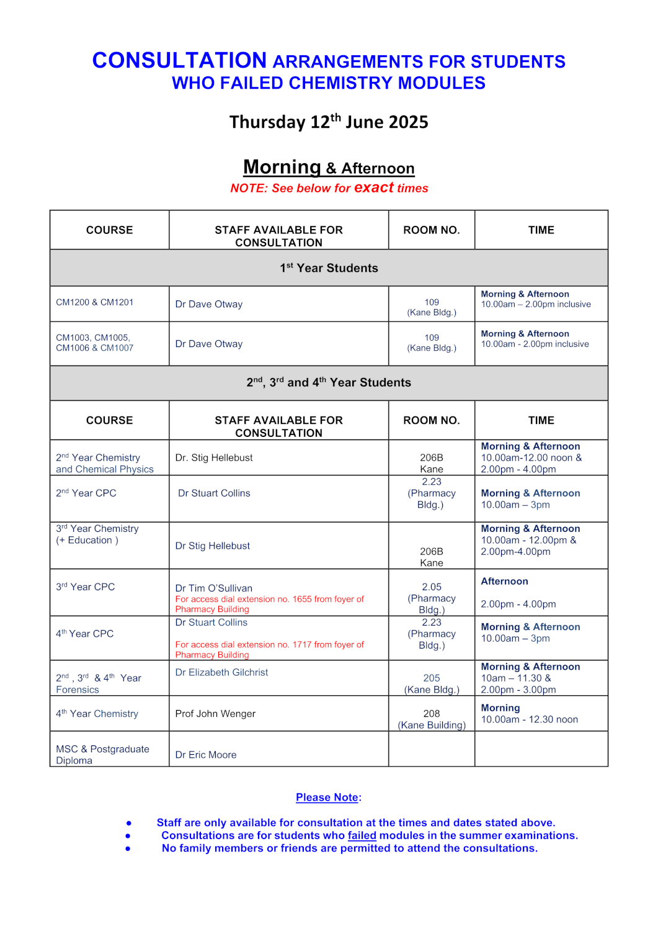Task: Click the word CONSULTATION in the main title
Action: click(x=179, y=60)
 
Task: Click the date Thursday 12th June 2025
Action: click(x=329, y=122)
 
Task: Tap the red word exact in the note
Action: click(x=374, y=187)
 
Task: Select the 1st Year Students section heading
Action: click(x=329, y=268)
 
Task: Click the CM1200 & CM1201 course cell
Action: click(x=95, y=302)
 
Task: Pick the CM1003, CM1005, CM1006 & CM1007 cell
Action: click(x=95, y=343)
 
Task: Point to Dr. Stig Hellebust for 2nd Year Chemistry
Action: click(x=214, y=457)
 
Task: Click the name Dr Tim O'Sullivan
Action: click(x=214, y=588)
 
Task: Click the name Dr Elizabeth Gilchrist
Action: click(x=221, y=672)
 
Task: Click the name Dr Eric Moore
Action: click(x=206, y=755)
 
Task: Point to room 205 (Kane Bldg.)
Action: click(x=432, y=684)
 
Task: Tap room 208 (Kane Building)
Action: click(x=432, y=719)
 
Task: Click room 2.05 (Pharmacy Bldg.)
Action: click(x=432, y=598)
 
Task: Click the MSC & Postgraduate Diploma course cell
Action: click(x=102, y=755)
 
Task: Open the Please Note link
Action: click(x=327, y=798)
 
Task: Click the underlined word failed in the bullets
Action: click(x=362, y=835)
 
